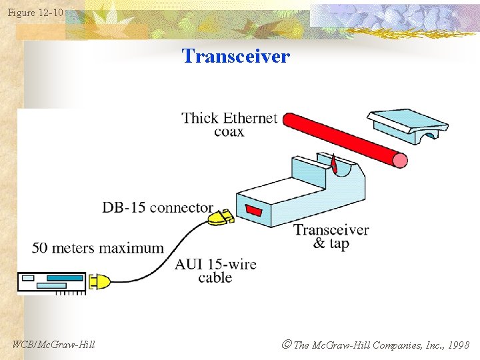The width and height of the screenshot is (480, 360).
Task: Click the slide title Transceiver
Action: coord(236,56)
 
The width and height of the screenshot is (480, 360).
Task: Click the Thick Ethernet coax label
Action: coord(229,125)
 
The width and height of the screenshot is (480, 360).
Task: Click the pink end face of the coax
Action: coord(399,160)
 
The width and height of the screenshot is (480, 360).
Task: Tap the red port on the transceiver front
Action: coord(253,211)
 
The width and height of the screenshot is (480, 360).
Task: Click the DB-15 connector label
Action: coord(157,208)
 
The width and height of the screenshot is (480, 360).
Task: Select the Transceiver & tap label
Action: coord(331,237)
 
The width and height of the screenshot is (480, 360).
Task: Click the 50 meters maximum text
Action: coord(98,248)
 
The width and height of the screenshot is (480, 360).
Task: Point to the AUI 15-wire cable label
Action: coord(215,271)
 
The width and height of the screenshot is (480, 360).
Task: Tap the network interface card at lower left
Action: coord(52,283)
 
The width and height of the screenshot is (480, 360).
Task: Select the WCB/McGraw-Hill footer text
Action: coord(54,345)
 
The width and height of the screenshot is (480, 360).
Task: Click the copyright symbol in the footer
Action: coord(287,345)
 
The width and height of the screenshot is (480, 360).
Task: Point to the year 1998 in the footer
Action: coord(458,345)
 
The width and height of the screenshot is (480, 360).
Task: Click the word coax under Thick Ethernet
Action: coord(229,132)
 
